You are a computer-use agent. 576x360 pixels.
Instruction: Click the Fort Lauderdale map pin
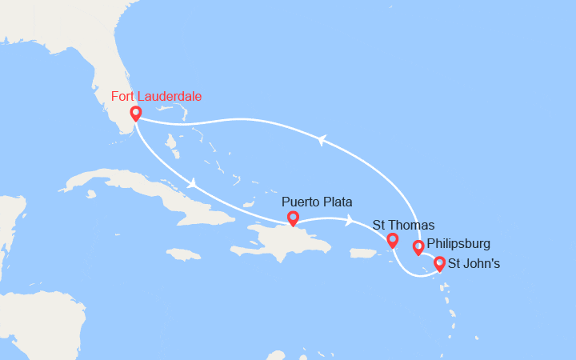136,114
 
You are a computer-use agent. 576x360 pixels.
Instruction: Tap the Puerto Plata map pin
293,217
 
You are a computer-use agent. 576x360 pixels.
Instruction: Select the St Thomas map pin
392,240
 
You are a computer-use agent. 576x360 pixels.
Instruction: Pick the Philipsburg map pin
418,247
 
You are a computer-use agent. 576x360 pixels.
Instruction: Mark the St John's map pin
439,262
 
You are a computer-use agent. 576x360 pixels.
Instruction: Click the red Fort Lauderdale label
156,97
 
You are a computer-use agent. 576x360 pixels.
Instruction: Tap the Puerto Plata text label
317,202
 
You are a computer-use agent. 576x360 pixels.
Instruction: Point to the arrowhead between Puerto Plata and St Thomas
350,220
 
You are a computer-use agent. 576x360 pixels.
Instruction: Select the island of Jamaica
183,254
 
